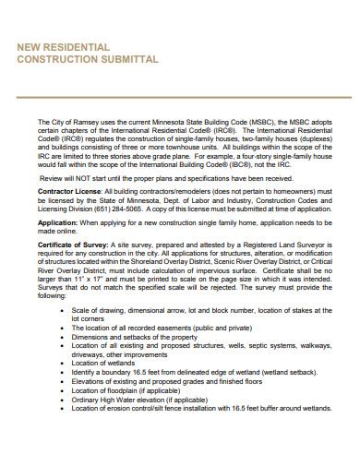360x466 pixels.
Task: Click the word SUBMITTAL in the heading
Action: [126, 58]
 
